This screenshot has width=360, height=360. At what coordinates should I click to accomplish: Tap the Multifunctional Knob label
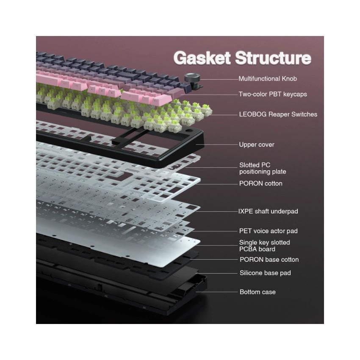pos(268,79)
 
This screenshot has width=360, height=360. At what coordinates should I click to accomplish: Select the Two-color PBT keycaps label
pos(273,94)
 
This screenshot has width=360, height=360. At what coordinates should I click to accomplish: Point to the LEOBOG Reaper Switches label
pos(278,114)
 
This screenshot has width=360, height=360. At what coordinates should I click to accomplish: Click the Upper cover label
pos(257,145)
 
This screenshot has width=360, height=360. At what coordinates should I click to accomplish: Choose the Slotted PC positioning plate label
pos(263,168)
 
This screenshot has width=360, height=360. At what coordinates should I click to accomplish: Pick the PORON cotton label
pos(261,184)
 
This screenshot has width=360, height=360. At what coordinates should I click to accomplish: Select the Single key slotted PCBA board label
pos(265,246)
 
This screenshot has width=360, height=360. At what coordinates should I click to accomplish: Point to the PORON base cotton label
pos(269,260)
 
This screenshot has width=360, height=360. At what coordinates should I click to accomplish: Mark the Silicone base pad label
pos(265,273)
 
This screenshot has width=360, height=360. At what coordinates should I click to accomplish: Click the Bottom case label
pos(258,292)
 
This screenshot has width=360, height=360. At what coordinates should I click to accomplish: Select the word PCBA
pos(248,249)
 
